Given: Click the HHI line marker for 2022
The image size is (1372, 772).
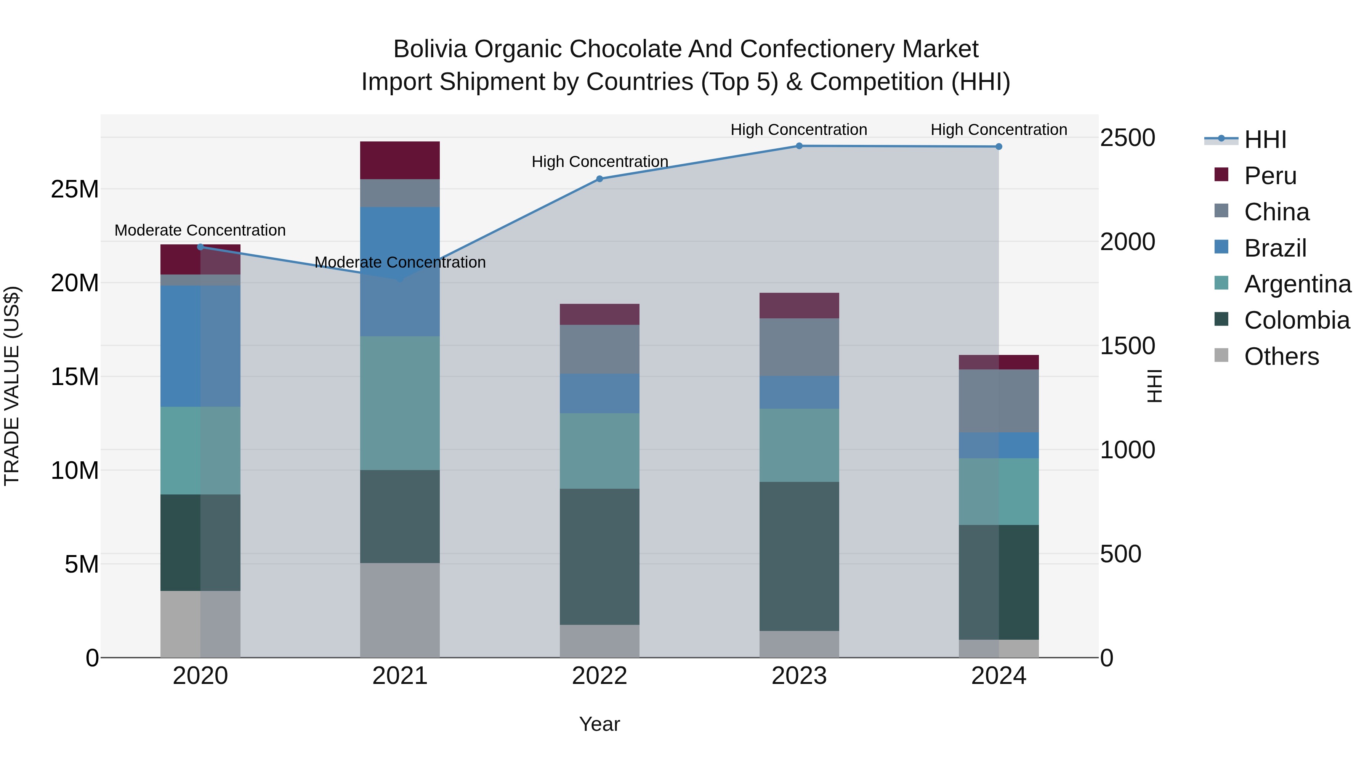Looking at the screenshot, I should coord(599,179).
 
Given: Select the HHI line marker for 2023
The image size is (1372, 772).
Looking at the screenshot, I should coord(799,146).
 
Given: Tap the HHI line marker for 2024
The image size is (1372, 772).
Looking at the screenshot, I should coord(999,146).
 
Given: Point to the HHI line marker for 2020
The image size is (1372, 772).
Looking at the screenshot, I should coord(200,247).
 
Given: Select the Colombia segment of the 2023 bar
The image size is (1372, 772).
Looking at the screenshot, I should coord(799,556).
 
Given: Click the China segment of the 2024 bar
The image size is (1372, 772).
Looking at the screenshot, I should coord(999,401).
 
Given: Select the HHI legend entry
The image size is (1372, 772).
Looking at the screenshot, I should coord(1265,140).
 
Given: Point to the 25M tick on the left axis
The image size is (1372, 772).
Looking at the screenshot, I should coord(75,189).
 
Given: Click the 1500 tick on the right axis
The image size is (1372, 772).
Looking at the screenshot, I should coord(1128,346).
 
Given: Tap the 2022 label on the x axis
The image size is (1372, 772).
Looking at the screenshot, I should coord(599,676).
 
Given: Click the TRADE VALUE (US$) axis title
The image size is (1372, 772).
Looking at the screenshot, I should coord(12,386).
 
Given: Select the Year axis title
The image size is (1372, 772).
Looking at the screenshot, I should coord(599,724).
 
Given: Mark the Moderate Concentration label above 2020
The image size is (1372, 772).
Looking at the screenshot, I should coord(200,230).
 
